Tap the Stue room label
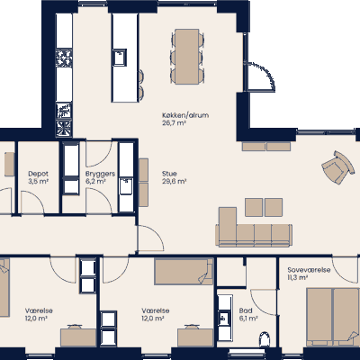point(169,173)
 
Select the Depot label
point(38,173)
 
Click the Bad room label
point(245,310)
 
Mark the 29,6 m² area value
point(173,181)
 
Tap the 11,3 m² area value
point(298,278)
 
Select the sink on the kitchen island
point(120,57)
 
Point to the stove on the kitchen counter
point(65,58)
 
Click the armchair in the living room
point(337,167)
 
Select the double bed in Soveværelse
point(331,314)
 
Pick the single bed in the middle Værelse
point(183,270)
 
